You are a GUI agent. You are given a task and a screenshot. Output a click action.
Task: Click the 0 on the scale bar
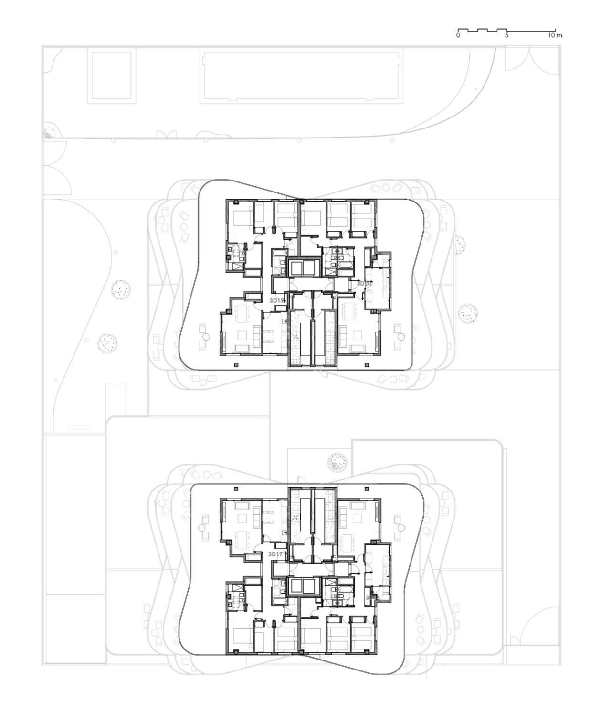(458, 35)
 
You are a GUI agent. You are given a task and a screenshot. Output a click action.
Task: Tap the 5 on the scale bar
(507, 35)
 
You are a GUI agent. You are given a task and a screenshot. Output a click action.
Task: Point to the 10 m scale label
(555, 35)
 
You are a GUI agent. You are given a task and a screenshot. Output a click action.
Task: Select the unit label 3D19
(277, 300)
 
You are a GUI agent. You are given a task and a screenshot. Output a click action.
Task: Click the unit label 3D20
(365, 283)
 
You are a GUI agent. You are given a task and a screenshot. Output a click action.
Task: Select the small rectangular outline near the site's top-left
(111, 76)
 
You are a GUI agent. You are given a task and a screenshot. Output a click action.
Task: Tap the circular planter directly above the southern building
(337, 462)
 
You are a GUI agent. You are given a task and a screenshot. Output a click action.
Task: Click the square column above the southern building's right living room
(367, 489)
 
